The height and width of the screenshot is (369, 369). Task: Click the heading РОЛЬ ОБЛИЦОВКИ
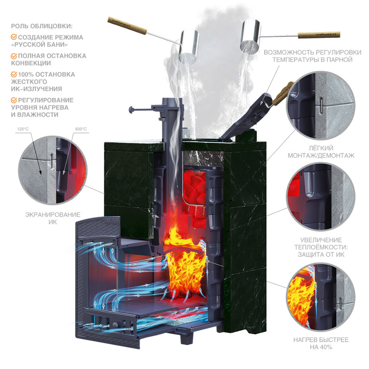coord(42,26)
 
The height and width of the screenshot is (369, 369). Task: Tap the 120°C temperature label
coord(23,129)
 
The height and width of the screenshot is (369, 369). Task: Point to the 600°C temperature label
coord(81,129)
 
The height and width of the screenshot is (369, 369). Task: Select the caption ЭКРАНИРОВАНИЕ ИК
coord(53,218)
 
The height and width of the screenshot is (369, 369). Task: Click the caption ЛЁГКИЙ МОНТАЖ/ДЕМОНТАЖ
coord(321,152)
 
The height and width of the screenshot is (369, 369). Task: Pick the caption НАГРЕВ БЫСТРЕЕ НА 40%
coord(321,343)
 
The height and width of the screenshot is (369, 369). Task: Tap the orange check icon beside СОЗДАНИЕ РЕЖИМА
coord(14,37)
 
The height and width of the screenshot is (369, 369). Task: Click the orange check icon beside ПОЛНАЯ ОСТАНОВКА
coord(14,56)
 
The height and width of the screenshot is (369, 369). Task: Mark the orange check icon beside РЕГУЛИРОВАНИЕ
coord(14,100)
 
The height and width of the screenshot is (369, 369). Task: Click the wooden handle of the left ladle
coord(127,26)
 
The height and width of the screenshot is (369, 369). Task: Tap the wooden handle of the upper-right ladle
coord(319,35)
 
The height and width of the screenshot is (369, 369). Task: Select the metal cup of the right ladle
coord(250,36)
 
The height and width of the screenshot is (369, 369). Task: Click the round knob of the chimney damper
coord(131,110)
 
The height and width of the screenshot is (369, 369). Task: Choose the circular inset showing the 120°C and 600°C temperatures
coord(53,170)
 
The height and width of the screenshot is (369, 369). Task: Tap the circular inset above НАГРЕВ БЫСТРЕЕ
coord(321,297)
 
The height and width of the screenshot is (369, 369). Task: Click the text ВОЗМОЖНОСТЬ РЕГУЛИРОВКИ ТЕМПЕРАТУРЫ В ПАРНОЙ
coord(312,56)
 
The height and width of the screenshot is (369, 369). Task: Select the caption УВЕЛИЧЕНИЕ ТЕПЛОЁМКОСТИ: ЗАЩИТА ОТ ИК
coord(321,247)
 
